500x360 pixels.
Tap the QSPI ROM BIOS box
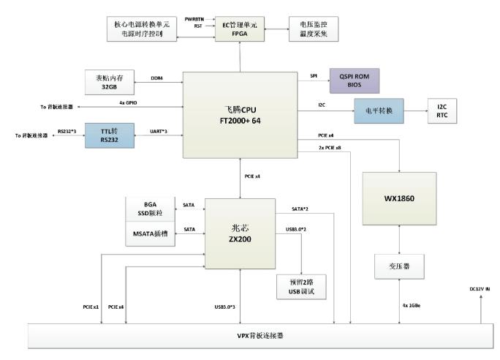pos(355,79)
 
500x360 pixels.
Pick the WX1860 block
pos(399,200)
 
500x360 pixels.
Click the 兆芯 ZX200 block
pos(242,233)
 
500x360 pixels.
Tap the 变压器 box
pos(399,265)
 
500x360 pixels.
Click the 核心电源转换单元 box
pos(141,28)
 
